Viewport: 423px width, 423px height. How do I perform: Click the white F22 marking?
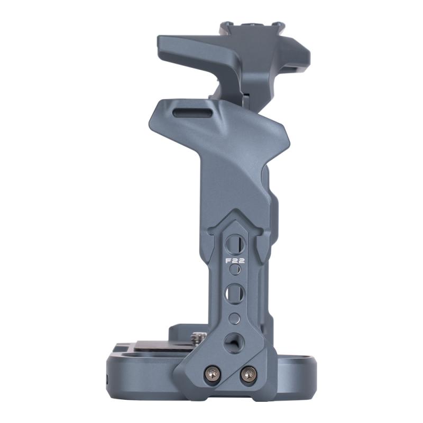[235, 261]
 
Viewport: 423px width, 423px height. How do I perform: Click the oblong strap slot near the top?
[192, 112]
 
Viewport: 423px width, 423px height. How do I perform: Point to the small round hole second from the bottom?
[234, 318]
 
